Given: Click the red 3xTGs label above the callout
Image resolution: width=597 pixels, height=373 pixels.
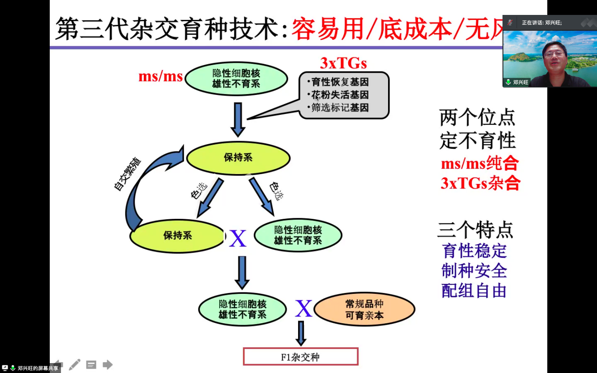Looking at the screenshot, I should (x=343, y=63).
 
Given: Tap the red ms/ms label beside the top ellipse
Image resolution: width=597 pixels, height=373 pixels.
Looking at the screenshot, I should (x=161, y=76).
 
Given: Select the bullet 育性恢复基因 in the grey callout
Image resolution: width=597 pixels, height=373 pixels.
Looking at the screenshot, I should (x=340, y=82).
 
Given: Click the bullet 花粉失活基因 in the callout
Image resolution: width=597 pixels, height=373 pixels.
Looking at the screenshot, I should (x=340, y=95).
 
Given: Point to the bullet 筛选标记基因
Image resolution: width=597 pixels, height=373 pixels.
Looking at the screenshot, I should (x=340, y=108).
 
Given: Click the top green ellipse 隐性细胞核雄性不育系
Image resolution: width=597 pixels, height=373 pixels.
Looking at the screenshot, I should (x=237, y=78).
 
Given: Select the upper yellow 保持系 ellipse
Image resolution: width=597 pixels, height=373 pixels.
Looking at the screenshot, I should (x=238, y=158).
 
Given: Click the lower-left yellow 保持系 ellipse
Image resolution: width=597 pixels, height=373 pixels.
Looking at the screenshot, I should (x=178, y=236).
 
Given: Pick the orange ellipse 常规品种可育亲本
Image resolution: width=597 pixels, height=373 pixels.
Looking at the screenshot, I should (x=364, y=309).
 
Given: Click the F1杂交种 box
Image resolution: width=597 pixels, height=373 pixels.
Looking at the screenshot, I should (x=301, y=357).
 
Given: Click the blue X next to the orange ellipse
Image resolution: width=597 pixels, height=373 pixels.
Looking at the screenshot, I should (x=304, y=309).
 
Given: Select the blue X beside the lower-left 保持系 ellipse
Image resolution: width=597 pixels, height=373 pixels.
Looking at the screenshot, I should (x=237, y=238).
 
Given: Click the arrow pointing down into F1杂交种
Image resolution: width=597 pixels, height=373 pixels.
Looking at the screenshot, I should (x=301, y=333).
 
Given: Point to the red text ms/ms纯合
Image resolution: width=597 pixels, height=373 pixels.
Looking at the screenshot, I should (x=479, y=163).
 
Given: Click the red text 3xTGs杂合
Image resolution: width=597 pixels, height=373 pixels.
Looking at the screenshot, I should (x=480, y=183).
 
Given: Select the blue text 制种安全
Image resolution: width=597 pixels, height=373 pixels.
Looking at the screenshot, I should (x=474, y=270).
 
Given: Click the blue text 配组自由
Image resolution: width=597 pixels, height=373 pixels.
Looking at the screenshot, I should (x=474, y=291).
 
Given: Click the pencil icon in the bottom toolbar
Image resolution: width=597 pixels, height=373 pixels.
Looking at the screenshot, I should (x=75, y=364).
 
